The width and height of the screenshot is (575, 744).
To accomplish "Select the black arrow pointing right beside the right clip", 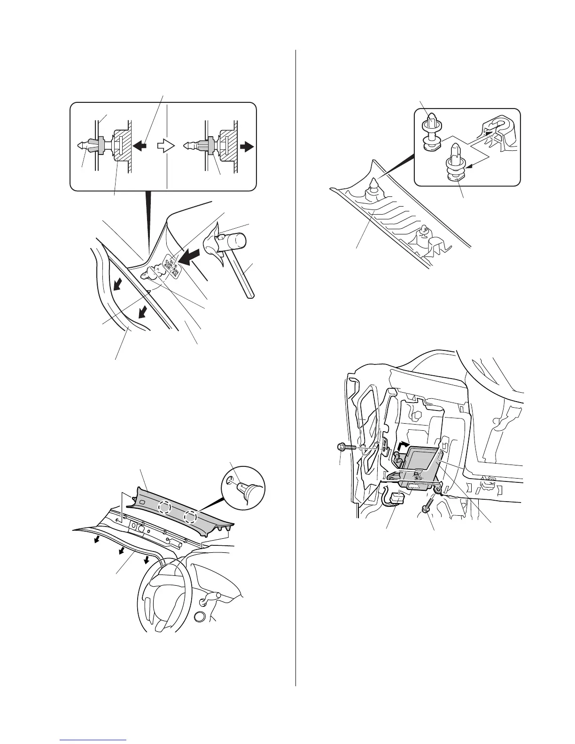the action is pyautogui.click(x=246, y=146).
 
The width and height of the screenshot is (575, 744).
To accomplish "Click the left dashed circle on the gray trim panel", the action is pyautogui.click(x=165, y=507).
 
